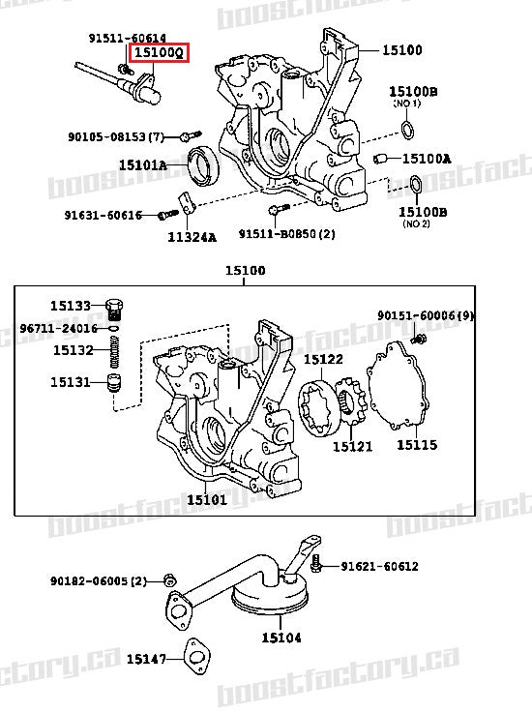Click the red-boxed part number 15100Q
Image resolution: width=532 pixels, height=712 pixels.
(x=160, y=52)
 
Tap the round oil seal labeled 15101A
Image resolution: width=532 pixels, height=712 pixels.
(x=203, y=164)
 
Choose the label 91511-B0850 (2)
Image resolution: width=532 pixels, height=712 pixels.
(x=286, y=234)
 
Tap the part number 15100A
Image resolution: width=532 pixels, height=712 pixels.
(x=427, y=158)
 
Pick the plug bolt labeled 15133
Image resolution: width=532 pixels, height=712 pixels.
(x=114, y=308)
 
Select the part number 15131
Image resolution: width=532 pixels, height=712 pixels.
(x=72, y=382)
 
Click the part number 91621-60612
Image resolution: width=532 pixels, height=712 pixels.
(x=379, y=566)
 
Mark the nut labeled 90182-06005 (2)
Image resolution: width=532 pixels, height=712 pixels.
(x=168, y=580)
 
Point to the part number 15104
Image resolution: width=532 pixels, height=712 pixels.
(x=280, y=638)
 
